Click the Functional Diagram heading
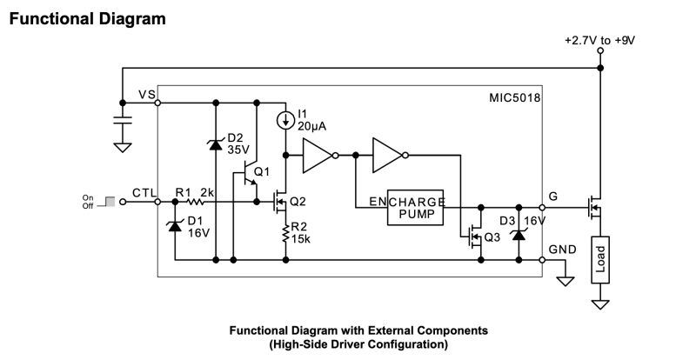coord(88,17)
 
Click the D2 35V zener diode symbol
coord(214,144)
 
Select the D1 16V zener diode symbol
coord(175,226)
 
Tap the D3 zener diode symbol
coord(519,233)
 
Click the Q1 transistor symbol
coord(252,174)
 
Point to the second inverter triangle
coord(387,157)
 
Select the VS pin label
coord(145,94)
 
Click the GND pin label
coord(564,249)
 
